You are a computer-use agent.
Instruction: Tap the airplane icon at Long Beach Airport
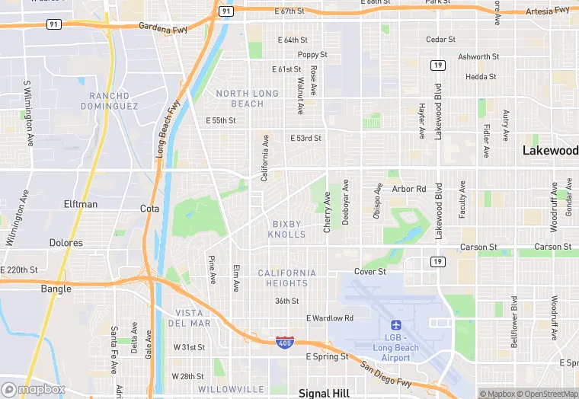point(395,325)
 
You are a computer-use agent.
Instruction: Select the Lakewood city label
point(550,151)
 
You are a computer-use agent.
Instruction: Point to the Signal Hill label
point(324,393)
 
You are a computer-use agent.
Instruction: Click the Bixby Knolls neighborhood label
point(286,229)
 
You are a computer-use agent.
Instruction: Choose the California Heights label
point(286,278)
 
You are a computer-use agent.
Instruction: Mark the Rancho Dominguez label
point(114,101)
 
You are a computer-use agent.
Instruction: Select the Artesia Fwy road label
point(548,11)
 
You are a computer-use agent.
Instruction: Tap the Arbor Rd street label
point(409,189)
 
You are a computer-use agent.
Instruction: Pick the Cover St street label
point(369,271)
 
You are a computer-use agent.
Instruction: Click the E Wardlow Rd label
point(330,318)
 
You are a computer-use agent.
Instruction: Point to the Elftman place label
point(81,204)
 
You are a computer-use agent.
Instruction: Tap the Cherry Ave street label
point(328,206)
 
